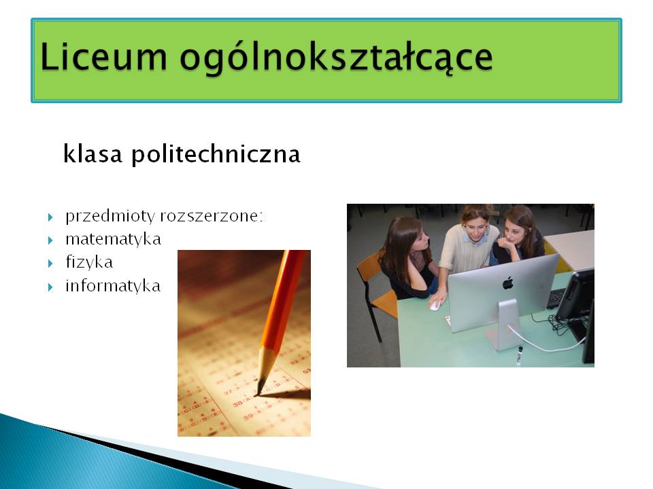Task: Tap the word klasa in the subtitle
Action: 93,153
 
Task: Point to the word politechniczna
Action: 216,154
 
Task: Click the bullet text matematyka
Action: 114,239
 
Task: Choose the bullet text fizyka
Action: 89,262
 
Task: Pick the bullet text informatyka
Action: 113,286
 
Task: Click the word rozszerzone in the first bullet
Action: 211,216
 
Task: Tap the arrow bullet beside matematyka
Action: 50,240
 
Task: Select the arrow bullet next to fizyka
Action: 50,264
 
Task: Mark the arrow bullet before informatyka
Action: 50,287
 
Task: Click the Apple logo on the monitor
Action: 507,283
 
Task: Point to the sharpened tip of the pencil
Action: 258,393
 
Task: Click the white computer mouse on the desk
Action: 435,306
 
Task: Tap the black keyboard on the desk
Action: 556,297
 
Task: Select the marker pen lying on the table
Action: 520,355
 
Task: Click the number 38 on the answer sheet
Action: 237,403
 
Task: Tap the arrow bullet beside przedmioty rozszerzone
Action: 50,217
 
